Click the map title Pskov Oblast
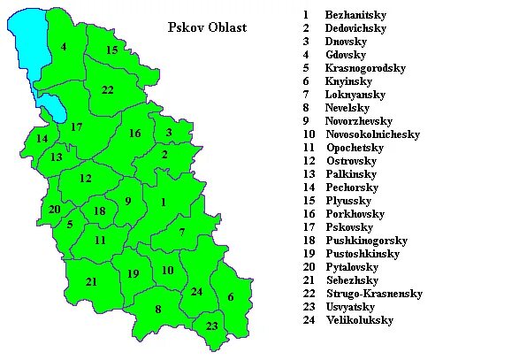tap(207, 27)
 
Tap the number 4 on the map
tap(64, 47)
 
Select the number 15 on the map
tap(112, 50)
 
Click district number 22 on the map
tap(107, 90)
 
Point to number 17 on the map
tap(76, 127)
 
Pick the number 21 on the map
tap(91, 282)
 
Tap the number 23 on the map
tap(212, 326)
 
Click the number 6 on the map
tap(231, 297)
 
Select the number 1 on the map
tap(163, 203)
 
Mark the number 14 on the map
tap(42, 139)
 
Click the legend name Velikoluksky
tap(359, 320)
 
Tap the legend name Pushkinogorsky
tap(366, 241)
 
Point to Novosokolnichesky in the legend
tap(372, 134)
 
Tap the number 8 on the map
tap(158, 310)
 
